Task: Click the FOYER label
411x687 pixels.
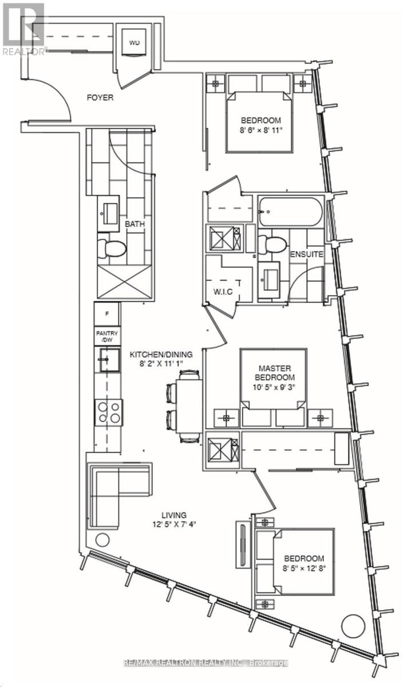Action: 100,97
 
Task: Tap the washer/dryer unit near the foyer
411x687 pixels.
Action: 133,42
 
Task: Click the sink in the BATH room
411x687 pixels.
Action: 109,214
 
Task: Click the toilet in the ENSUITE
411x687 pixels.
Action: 272,244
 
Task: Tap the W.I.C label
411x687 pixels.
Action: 223,291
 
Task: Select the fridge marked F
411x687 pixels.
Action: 106,314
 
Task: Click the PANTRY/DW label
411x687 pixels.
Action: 107,337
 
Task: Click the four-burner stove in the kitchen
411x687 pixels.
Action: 109,412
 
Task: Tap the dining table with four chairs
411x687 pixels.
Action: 184,406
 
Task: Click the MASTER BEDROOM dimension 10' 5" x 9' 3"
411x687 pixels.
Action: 274,387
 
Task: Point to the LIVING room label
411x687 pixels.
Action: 174,515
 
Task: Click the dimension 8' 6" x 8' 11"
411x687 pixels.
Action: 260,130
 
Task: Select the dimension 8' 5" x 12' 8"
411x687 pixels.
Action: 304,568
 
